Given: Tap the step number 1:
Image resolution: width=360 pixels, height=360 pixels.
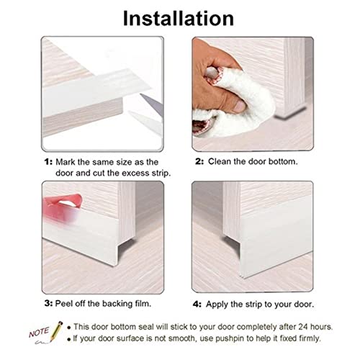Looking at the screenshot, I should click(x=47, y=162).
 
